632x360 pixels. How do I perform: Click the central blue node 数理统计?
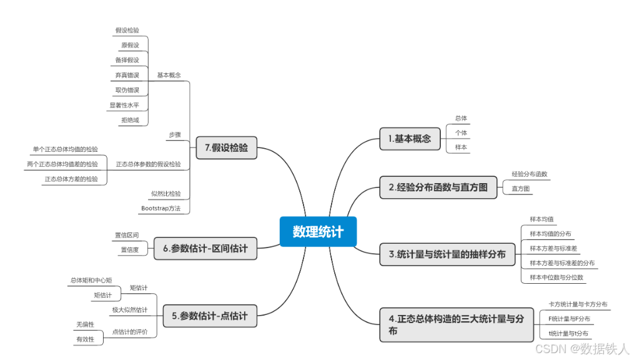318,231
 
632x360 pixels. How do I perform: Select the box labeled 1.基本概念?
410,138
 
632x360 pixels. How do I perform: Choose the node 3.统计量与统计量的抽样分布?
447,254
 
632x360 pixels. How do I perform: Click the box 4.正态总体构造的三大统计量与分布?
455,324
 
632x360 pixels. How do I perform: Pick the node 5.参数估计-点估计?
209,316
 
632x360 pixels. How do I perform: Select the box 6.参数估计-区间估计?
205,248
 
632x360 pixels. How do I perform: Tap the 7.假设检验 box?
226,148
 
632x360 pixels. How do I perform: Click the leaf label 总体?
461,118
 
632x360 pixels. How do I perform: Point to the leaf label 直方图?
520,188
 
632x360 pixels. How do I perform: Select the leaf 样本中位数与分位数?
556,277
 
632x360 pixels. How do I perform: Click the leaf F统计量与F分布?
568,319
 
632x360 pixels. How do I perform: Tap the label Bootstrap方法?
160,208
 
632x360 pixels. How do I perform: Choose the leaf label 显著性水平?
124,105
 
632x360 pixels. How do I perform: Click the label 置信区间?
126,235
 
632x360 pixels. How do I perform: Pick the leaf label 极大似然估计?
130,309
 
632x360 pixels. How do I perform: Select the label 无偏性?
85,324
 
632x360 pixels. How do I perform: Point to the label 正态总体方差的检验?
71,179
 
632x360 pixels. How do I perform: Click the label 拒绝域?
130,120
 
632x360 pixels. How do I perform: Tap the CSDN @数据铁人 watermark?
582,349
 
